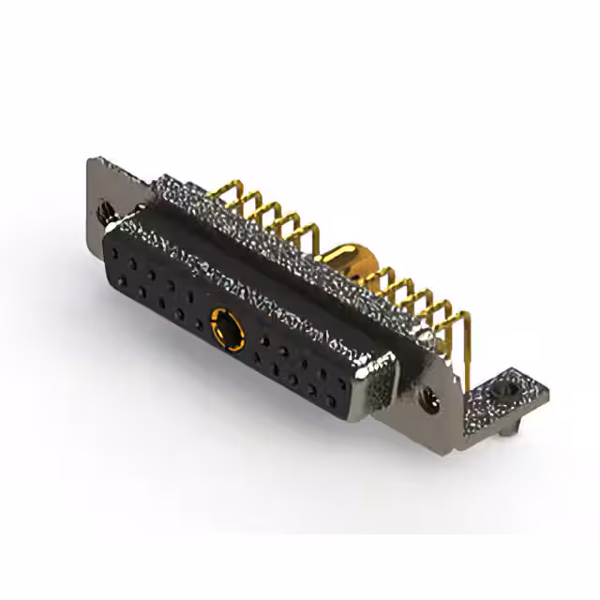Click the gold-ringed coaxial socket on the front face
pyautogui.click(x=226, y=328)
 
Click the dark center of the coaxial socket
pyautogui.click(x=226, y=329)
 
